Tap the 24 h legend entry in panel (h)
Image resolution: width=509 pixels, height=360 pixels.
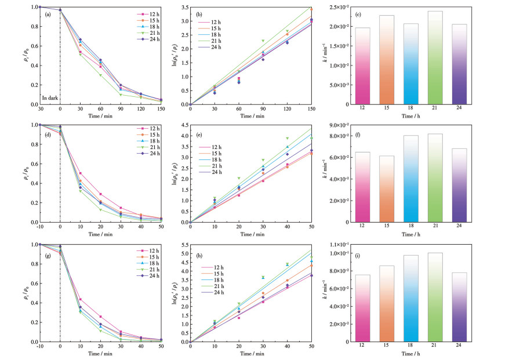pos(219,291)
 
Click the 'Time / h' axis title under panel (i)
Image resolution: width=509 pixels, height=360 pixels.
pos(426,353)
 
